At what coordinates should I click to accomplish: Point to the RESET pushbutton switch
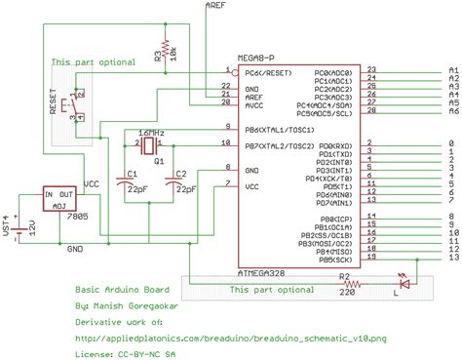coord(69,104)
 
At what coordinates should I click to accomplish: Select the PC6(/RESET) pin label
coord(265,72)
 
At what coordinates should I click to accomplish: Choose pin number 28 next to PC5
coord(371,111)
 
